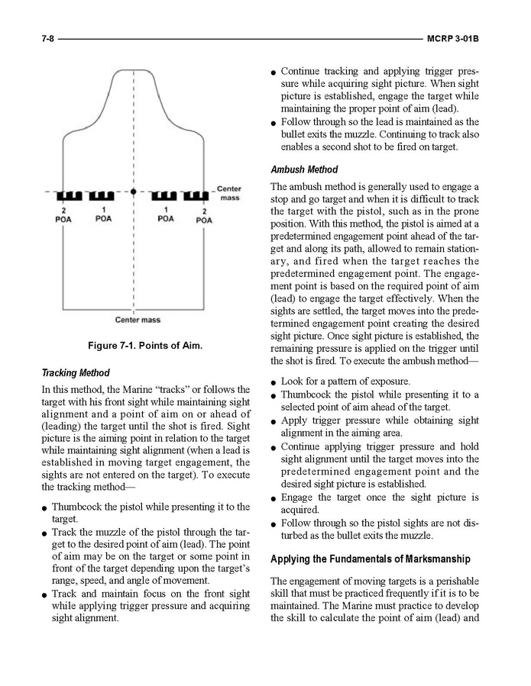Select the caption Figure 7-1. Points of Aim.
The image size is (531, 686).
coord(145,346)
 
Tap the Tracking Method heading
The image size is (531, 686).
coord(76,373)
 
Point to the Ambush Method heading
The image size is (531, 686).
coord(304,169)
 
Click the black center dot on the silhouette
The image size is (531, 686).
coord(134,192)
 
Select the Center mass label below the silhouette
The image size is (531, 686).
coord(138,320)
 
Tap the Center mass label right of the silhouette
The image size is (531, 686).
coord(229,193)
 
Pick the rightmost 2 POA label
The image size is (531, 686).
coord(204,214)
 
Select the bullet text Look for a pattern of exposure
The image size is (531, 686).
coord(345,381)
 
